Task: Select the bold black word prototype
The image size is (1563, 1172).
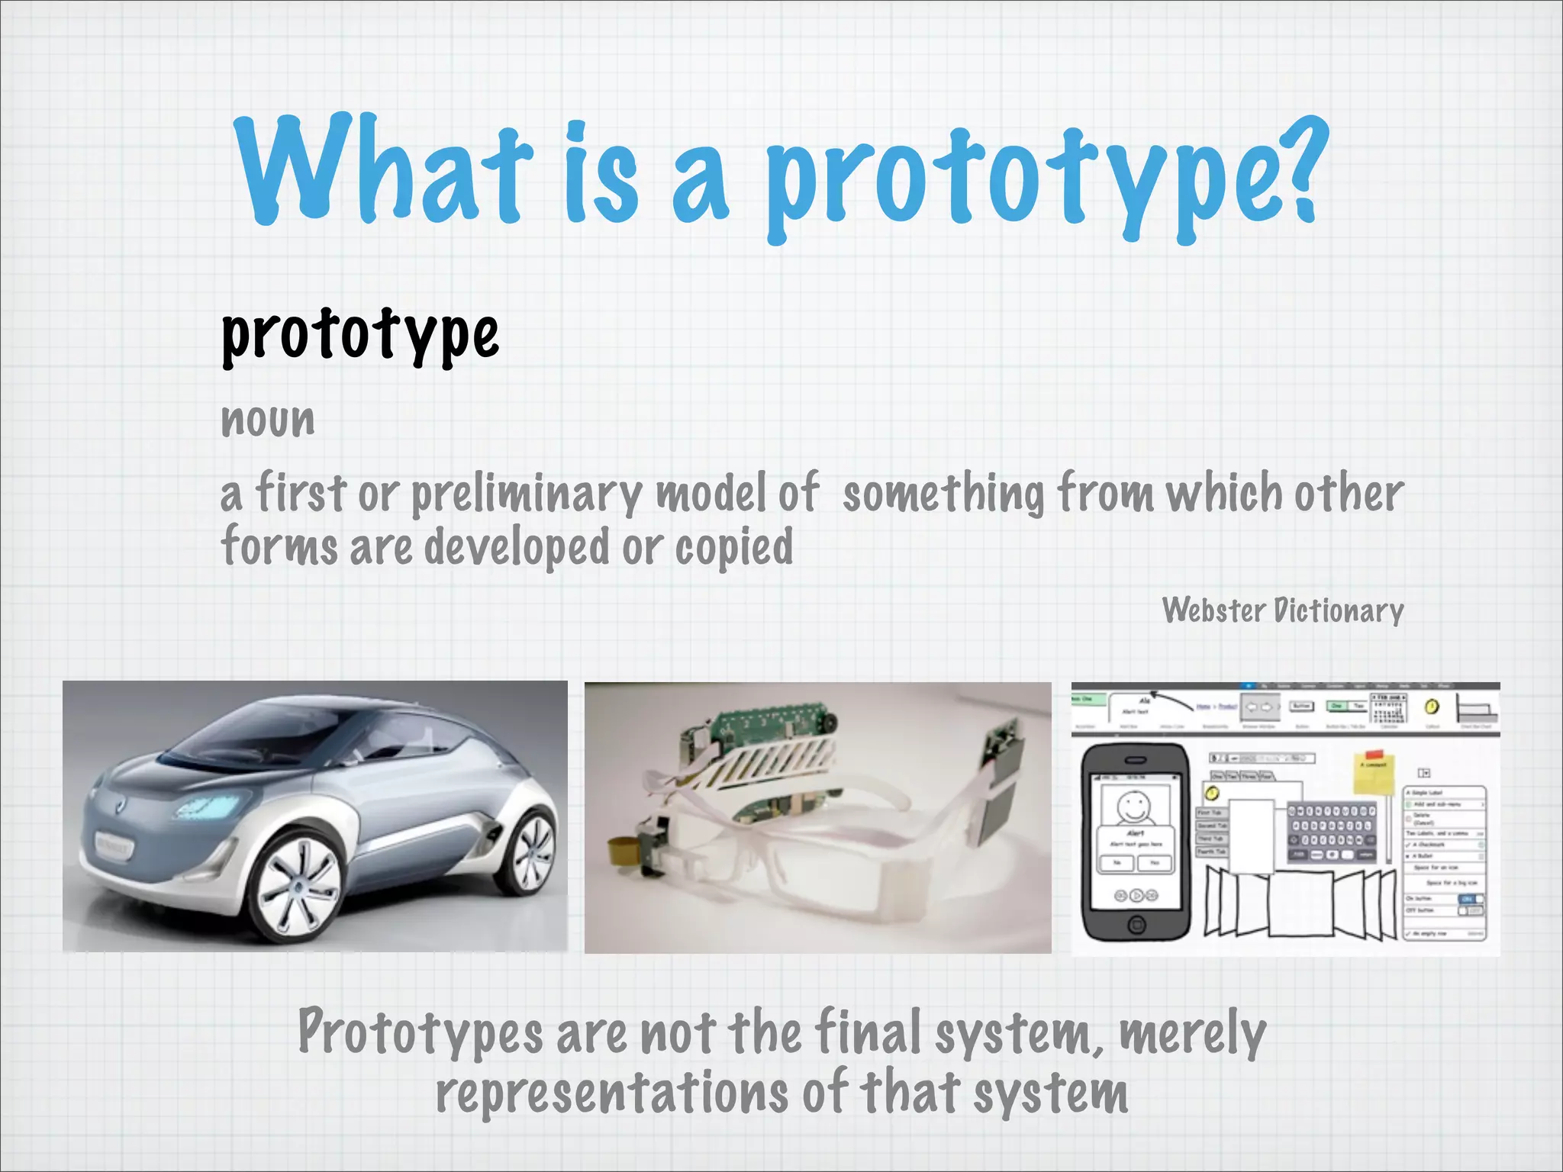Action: tap(359, 335)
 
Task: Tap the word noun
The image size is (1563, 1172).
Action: tap(267, 420)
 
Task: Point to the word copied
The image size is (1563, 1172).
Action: tap(733, 548)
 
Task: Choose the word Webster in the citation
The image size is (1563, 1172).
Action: tap(1213, 610)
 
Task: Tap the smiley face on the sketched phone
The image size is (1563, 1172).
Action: tap(1133, 806)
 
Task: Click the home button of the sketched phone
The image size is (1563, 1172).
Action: tap(1136, 926)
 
